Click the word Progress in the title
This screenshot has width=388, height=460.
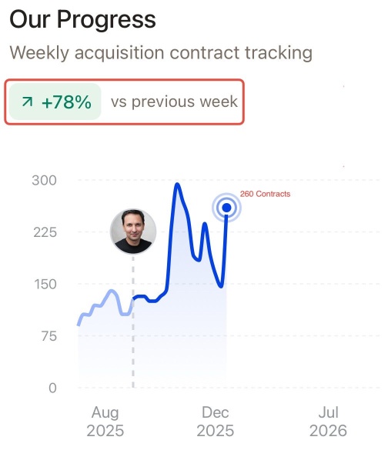[x=106, y=20]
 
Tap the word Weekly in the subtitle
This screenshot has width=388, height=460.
[x=39, y=53]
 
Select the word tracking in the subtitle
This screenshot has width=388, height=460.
[x=279, y=53]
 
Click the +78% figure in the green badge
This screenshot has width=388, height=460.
[x=67, y=102]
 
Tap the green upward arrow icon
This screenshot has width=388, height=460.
[x=27, y=102]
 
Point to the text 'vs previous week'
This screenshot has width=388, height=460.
[x=174, y=102]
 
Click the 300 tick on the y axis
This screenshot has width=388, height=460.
[x=45, y=180]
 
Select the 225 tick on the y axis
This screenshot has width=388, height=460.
[x=45, y=232]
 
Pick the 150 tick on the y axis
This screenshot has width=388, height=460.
[x=45, y=285]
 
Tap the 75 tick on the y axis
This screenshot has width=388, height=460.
[x=49, y=336]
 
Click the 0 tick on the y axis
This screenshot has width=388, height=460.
[x=52, y=388]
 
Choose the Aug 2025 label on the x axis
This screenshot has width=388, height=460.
[x=105, y=422]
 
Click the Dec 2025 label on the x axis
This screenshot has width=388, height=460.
[x=215, y=422]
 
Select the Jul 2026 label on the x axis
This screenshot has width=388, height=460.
[x=328, y=422]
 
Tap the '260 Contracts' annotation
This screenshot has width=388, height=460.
[x=265, y=194]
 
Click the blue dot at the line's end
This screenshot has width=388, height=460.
[x=226, y=208]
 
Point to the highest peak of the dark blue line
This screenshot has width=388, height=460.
[x=177, y=185]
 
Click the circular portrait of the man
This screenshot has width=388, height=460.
[x=133, y=232]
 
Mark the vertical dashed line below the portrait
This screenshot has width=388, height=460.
[x=133, y=322]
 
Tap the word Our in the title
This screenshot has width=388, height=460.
[x=30, y=20]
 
